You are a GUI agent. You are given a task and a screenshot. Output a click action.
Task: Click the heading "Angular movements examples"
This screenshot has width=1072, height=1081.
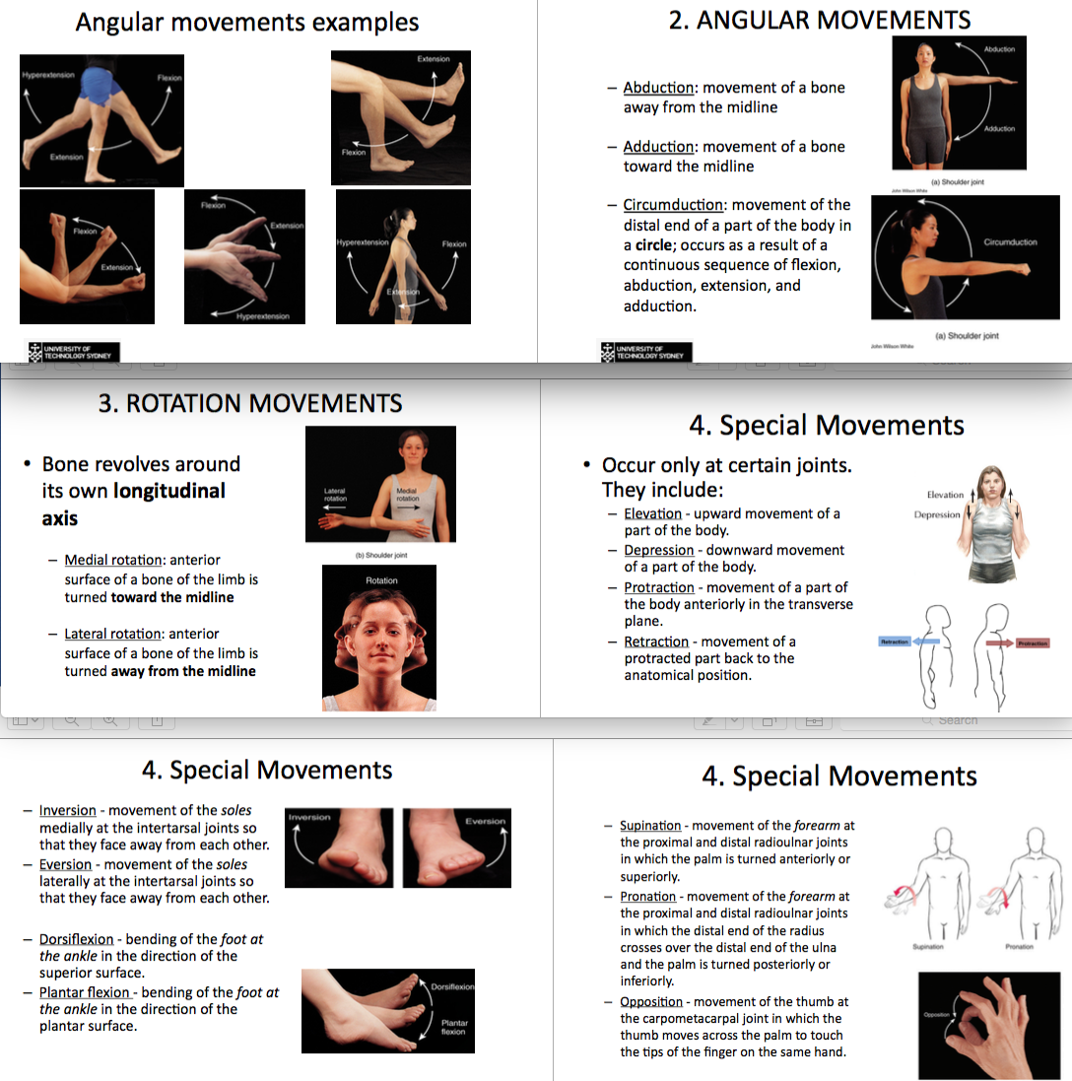[x=247, y=23]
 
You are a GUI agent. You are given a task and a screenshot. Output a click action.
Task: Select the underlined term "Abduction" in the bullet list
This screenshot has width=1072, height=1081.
[x=659, y=88]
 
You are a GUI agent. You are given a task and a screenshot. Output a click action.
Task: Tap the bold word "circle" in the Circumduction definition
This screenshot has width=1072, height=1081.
[x=651, y=245]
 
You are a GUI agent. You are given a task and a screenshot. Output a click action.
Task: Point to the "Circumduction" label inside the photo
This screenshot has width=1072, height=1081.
[x=1010, y=241]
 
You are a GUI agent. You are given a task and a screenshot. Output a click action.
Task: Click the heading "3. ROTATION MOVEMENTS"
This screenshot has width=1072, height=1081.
[x=250, y=403]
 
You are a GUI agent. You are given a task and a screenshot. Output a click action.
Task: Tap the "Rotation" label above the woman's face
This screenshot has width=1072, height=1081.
[x=381, y=580]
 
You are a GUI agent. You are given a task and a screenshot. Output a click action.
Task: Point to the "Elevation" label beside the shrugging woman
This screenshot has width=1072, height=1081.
[x=945, y=495]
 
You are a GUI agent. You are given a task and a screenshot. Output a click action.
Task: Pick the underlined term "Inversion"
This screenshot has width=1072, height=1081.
[x=68, y=811]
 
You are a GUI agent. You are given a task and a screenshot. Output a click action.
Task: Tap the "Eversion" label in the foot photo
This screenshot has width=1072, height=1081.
[x=485, y=821]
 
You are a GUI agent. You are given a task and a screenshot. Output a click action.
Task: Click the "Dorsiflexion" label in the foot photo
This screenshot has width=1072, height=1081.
[x=452, y=985]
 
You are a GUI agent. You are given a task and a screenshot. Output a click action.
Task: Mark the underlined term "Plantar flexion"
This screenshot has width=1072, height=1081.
[x=85, y=992]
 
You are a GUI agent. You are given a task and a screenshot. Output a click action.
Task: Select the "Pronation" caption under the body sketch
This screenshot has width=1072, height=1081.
[x=1019, y=947]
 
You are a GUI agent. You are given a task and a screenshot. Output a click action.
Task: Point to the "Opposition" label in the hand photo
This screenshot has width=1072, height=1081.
[x=937, y=1015]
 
